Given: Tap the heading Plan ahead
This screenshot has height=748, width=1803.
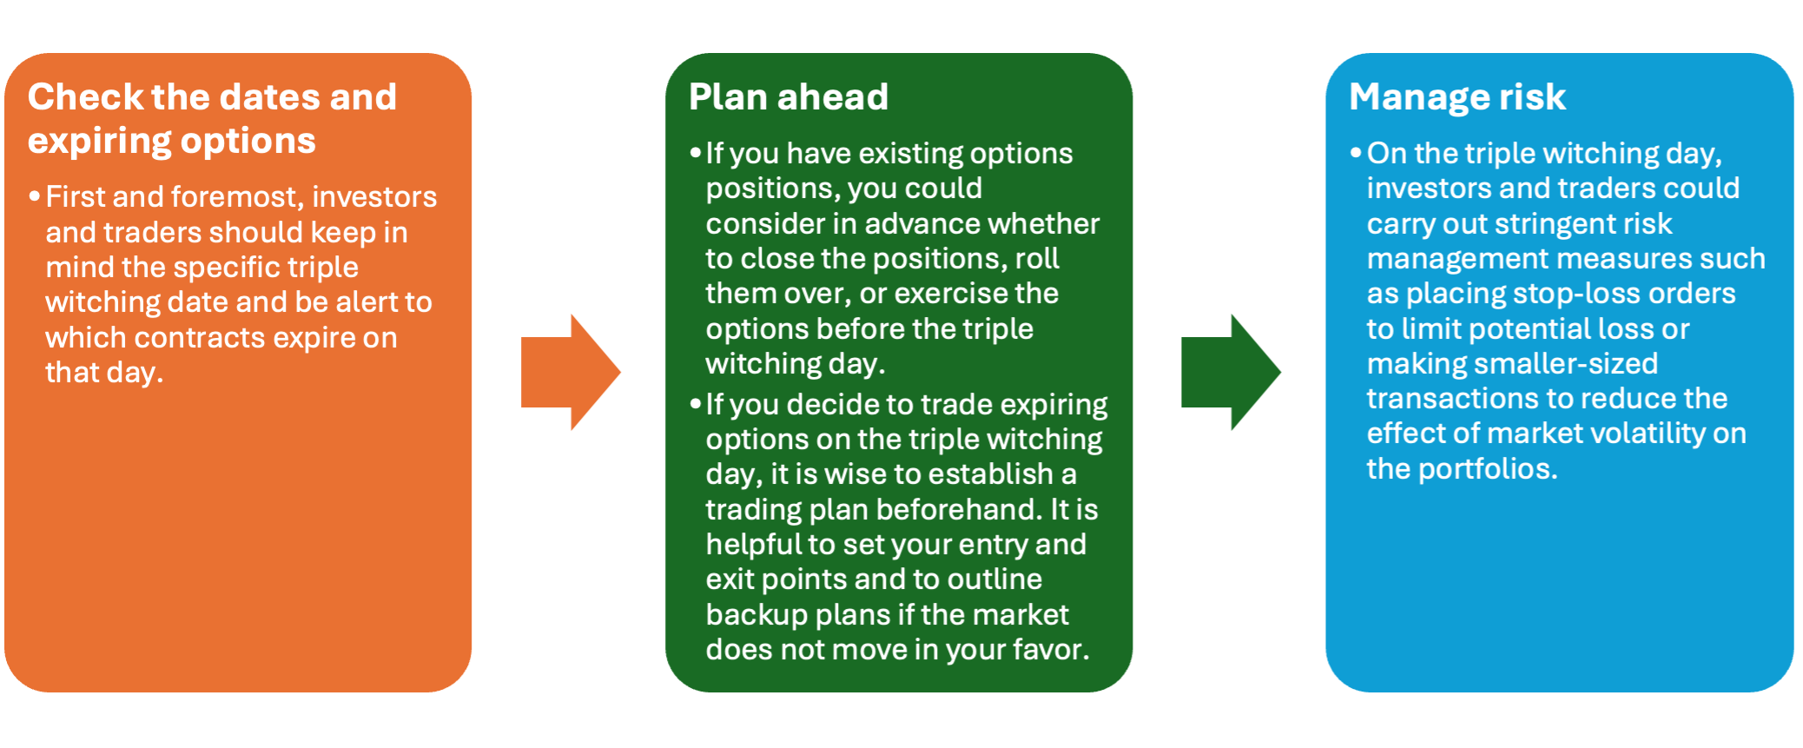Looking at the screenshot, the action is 789,97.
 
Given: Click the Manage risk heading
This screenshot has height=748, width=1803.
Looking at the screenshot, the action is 1457,97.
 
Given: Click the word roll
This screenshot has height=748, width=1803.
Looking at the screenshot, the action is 1038,259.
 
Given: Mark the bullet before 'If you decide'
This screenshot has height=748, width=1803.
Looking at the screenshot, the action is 696,404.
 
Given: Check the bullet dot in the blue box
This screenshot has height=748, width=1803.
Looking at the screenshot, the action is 1356,153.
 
